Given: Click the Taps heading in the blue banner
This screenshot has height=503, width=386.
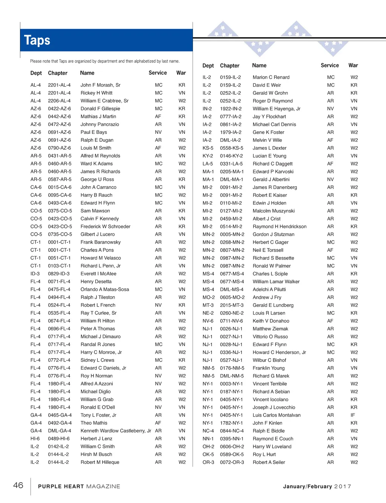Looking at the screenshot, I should [37, 40].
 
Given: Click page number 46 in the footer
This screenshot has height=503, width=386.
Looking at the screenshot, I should [18, 485].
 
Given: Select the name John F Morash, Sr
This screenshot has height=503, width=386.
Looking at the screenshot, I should [100, 85].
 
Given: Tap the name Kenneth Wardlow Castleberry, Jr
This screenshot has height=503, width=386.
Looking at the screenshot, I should [115, 431].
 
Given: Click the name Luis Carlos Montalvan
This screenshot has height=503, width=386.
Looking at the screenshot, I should [276, 415].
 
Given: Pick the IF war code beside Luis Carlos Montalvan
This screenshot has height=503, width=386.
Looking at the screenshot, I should [353, 415].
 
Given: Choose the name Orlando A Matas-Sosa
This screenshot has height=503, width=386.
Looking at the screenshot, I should [104, 290].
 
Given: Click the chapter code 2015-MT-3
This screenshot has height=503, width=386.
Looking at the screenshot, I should [231, 305].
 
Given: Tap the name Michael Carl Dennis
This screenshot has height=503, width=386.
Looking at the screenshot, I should [274, 124].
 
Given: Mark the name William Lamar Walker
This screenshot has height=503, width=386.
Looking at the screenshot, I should [276, 282].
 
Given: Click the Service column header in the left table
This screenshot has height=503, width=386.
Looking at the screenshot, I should [158, 73].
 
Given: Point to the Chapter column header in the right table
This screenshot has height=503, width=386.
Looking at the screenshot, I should [230, 66].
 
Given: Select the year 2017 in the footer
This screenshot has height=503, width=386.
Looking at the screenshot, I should [342, 486].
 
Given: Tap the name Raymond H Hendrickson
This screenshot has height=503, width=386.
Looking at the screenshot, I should [279, 227].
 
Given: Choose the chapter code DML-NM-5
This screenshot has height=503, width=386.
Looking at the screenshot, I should [232, 376].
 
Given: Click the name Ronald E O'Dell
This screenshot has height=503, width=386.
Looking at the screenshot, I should [98, 407].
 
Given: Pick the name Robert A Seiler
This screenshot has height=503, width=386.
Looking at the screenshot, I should [269, 462].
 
